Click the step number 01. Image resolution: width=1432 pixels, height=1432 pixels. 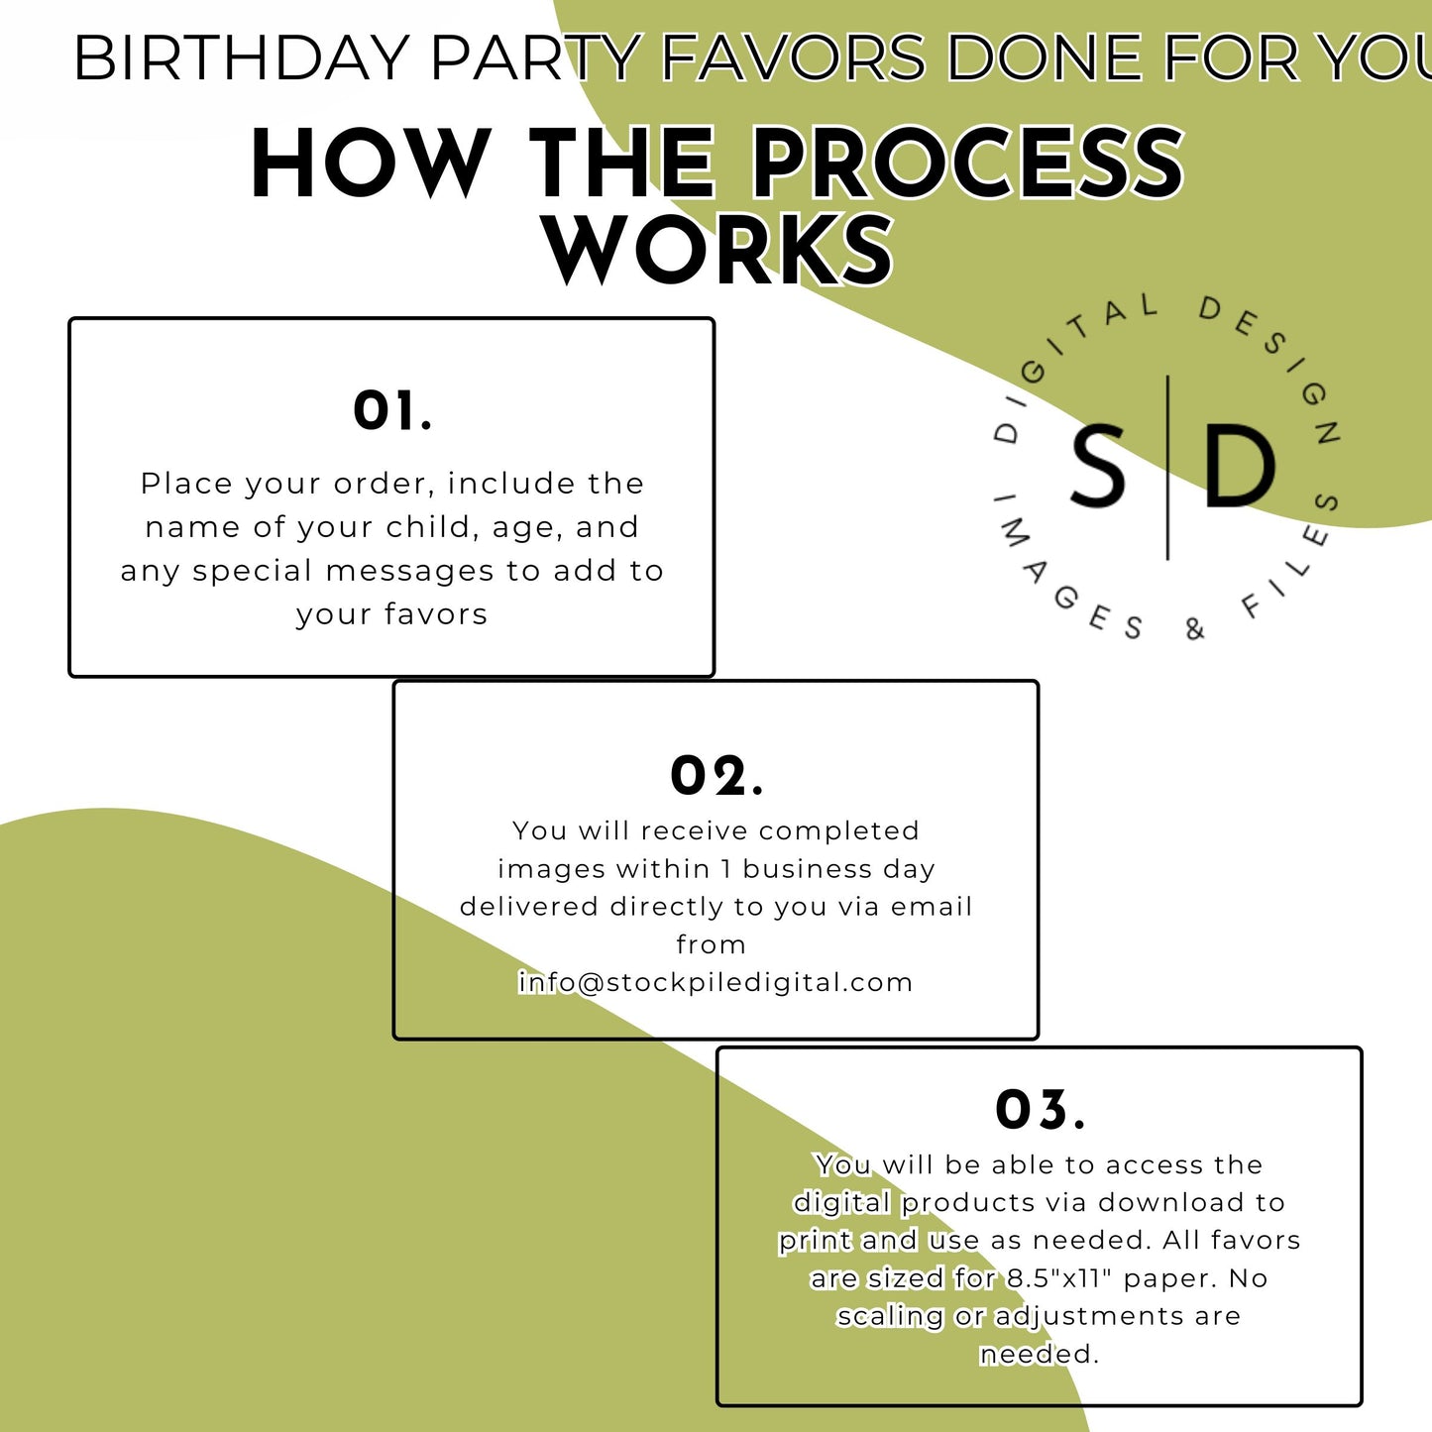[x=391, y=411]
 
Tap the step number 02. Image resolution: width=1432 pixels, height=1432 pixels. [x=716, y=776]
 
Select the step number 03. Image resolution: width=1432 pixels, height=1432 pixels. [x=1040, y=1110]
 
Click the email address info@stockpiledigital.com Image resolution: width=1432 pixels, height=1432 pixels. [x=715, y=982]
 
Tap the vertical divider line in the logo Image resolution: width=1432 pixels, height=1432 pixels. [x=1167, y=468]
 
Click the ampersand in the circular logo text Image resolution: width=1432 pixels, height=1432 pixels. [x=1194, y=628]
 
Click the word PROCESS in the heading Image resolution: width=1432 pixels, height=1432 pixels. [x=967, y=164]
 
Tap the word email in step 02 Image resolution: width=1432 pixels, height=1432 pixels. [x=932, y=907]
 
